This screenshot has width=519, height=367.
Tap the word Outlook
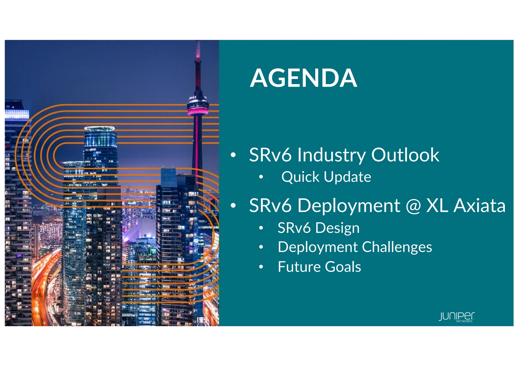(405, 155)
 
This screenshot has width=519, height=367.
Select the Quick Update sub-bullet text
(326, 177)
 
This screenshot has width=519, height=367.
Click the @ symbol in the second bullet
(413, 206)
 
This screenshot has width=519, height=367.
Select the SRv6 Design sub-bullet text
(319, 228)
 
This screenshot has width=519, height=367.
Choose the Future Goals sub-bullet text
(319, 267)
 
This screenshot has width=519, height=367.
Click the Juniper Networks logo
(457, 317)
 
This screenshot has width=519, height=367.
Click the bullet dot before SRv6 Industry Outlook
(233, 155)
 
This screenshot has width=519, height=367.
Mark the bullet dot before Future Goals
(261, 267)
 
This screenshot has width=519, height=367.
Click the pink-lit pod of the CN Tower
(198, 108)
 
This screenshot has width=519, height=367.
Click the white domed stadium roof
(139, 229)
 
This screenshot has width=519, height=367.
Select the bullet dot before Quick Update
(261, 177)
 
